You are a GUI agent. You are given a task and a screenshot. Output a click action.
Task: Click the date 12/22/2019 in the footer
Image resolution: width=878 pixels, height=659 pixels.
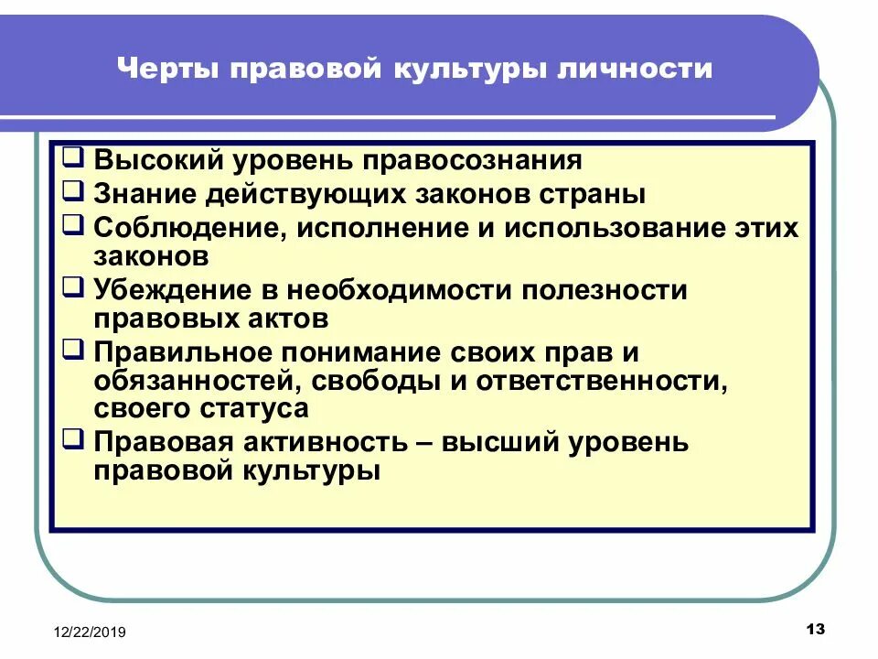[x=90, y=632]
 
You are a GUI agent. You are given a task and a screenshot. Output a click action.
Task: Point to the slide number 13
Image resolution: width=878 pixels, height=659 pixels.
[x=816, y=629]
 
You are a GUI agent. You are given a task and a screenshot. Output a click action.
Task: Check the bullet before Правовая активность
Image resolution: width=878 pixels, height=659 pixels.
[x=76, y=439]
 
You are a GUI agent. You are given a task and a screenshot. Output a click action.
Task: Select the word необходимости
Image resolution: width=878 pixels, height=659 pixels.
[x=401, y=290]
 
